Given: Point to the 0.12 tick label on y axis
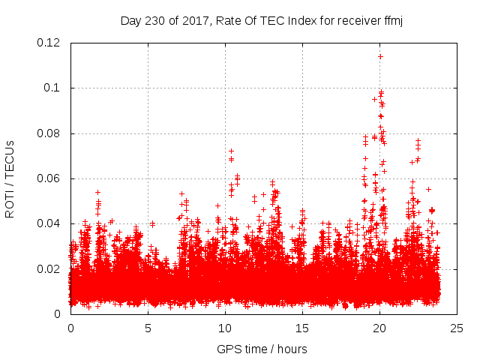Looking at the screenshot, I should click(x=50, y=43).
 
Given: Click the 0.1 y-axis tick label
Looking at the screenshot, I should click(x=53, y=88).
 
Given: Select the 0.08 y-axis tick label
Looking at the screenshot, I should click(x=50, y=133).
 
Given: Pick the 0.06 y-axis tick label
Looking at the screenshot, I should click(x=50, y=178).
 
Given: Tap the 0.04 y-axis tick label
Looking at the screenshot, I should click(x=50, y=223).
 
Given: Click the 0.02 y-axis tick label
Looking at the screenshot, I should click(x=50, y=268).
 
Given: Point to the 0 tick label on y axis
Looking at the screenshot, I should click(x=60, y=313).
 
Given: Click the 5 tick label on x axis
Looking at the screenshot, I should click(x=148, y=328).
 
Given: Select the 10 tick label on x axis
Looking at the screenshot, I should click(x=225, y=328).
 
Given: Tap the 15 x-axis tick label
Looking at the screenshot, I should click(x=302, y=328).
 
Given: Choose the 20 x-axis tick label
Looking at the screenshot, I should click(x=379, y=328).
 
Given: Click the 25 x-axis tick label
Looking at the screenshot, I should click(x=457, y=328).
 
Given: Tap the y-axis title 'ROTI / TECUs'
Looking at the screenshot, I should click(x=10, y=178).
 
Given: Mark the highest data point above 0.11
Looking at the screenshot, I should click(x=380, y=56).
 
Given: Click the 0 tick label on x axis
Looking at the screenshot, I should click(x=70, y=328).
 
